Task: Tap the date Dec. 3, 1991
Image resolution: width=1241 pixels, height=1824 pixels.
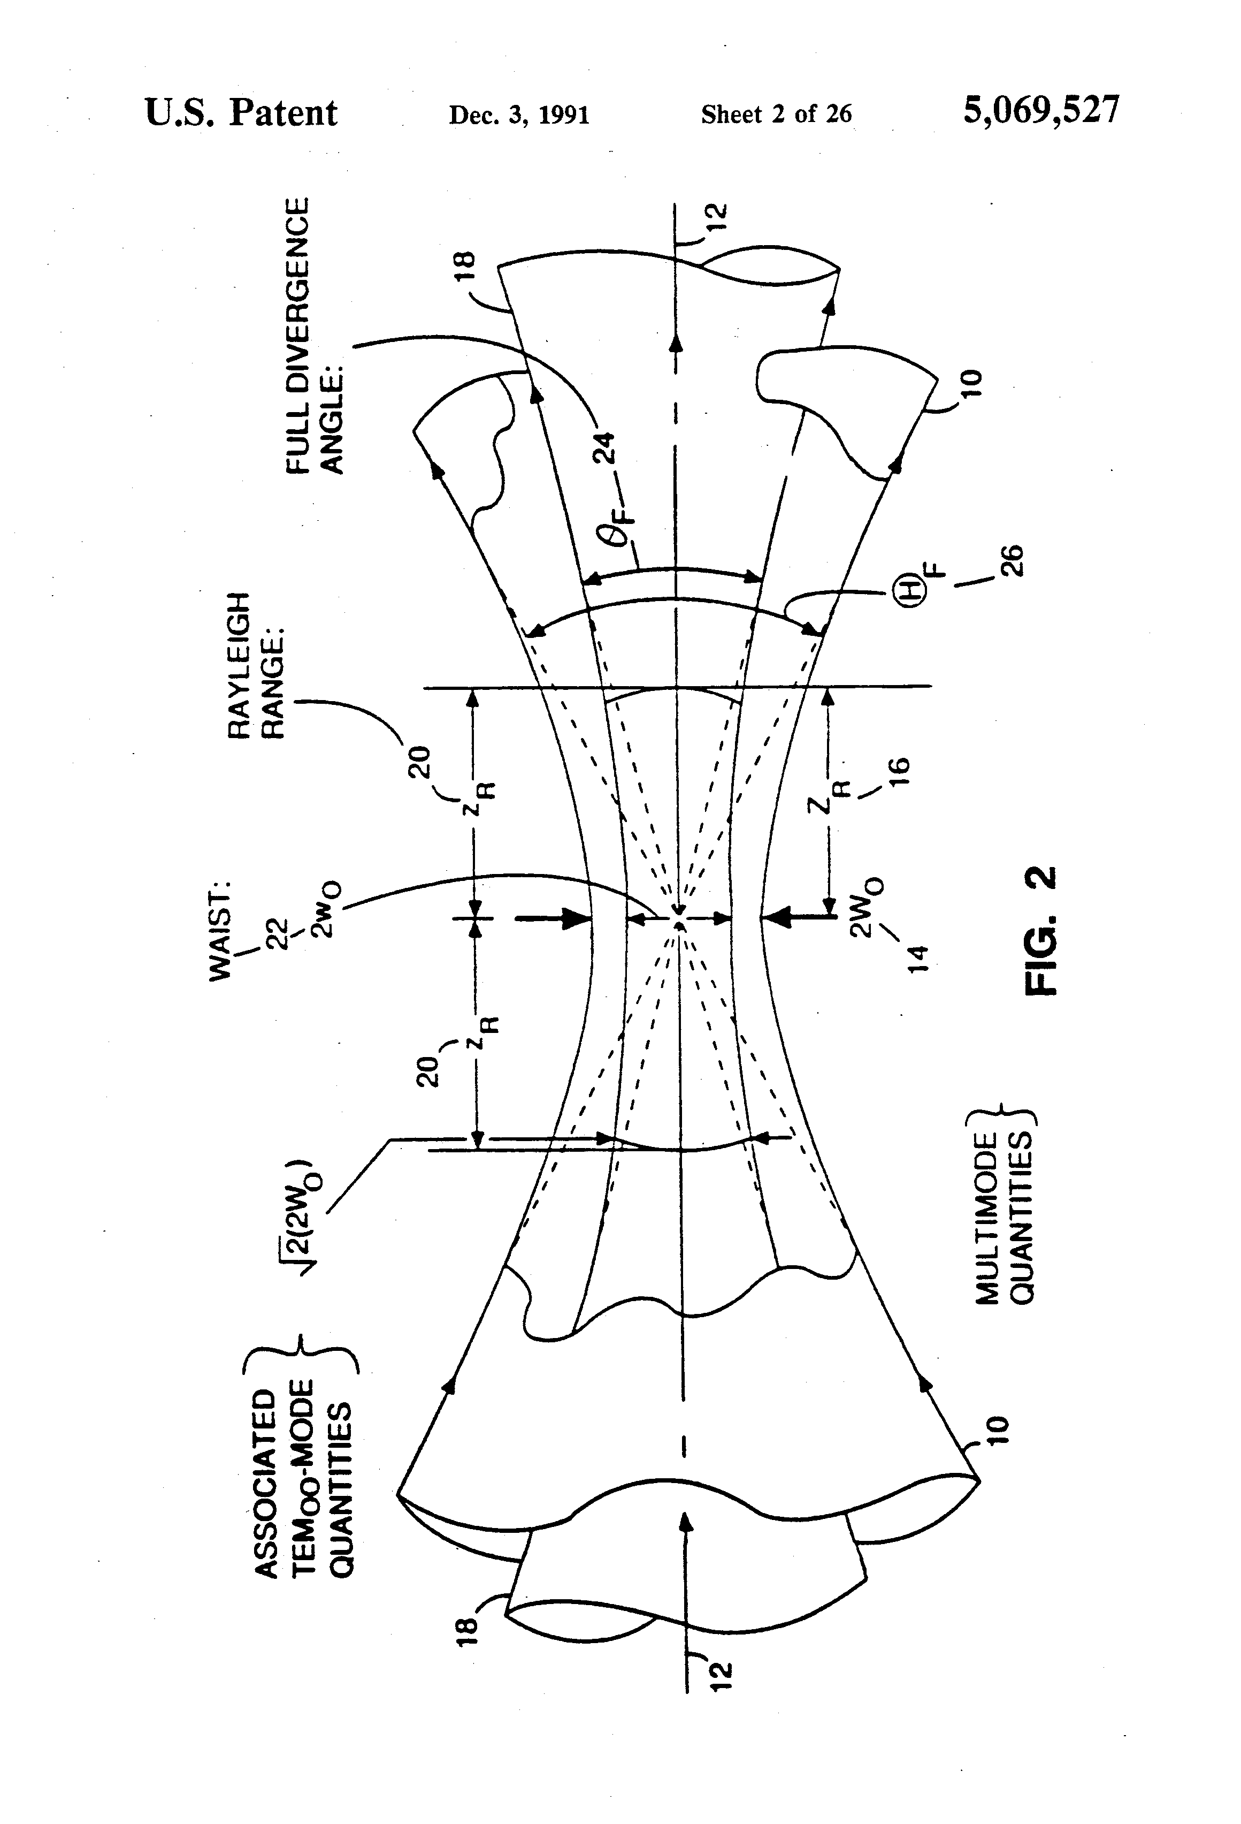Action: pos(518,116)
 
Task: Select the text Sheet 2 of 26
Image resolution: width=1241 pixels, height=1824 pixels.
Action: pos(776,115)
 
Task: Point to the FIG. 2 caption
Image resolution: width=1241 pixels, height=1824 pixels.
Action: pos(1041,930)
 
